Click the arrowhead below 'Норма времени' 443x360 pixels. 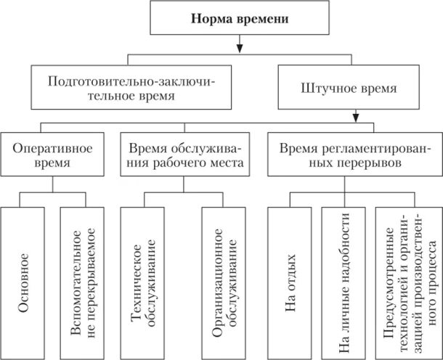(239, 49)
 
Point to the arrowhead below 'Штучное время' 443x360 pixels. (356, 116)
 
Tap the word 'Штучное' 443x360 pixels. (325, 90)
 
